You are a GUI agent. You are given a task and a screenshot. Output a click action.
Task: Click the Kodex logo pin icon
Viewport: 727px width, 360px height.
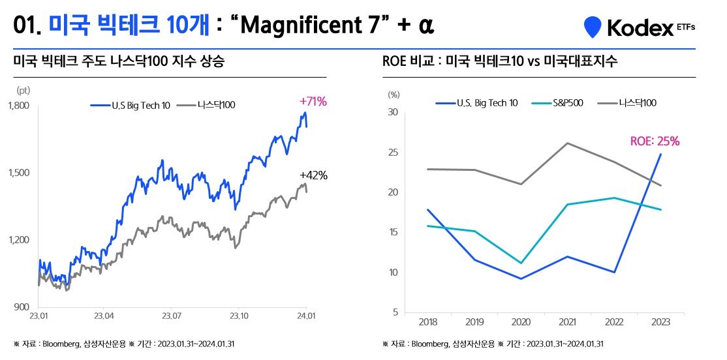[593, 27]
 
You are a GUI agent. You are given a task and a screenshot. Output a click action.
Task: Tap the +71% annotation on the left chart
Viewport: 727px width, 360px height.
[313, 102]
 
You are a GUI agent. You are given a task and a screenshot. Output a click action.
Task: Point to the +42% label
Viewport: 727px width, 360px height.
[313, 175]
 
